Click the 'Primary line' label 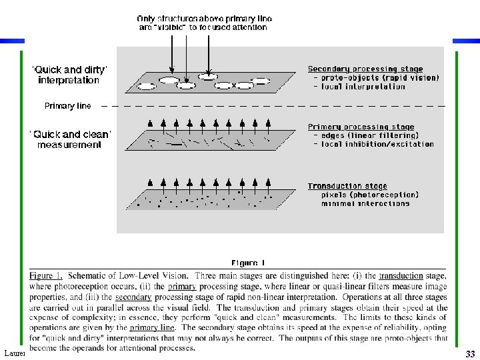(x=67, y=106)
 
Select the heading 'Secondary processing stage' (x=365, y=69)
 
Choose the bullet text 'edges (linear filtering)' (x=369, y=135)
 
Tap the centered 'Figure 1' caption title (x=248, y=263)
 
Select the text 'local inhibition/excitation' (x=377, y=144)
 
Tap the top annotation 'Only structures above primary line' (x=204, y=18)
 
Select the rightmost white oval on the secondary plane (x=261, y=81)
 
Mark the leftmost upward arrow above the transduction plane (x=151, y=181)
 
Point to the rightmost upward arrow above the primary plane (x=268, y=123)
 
